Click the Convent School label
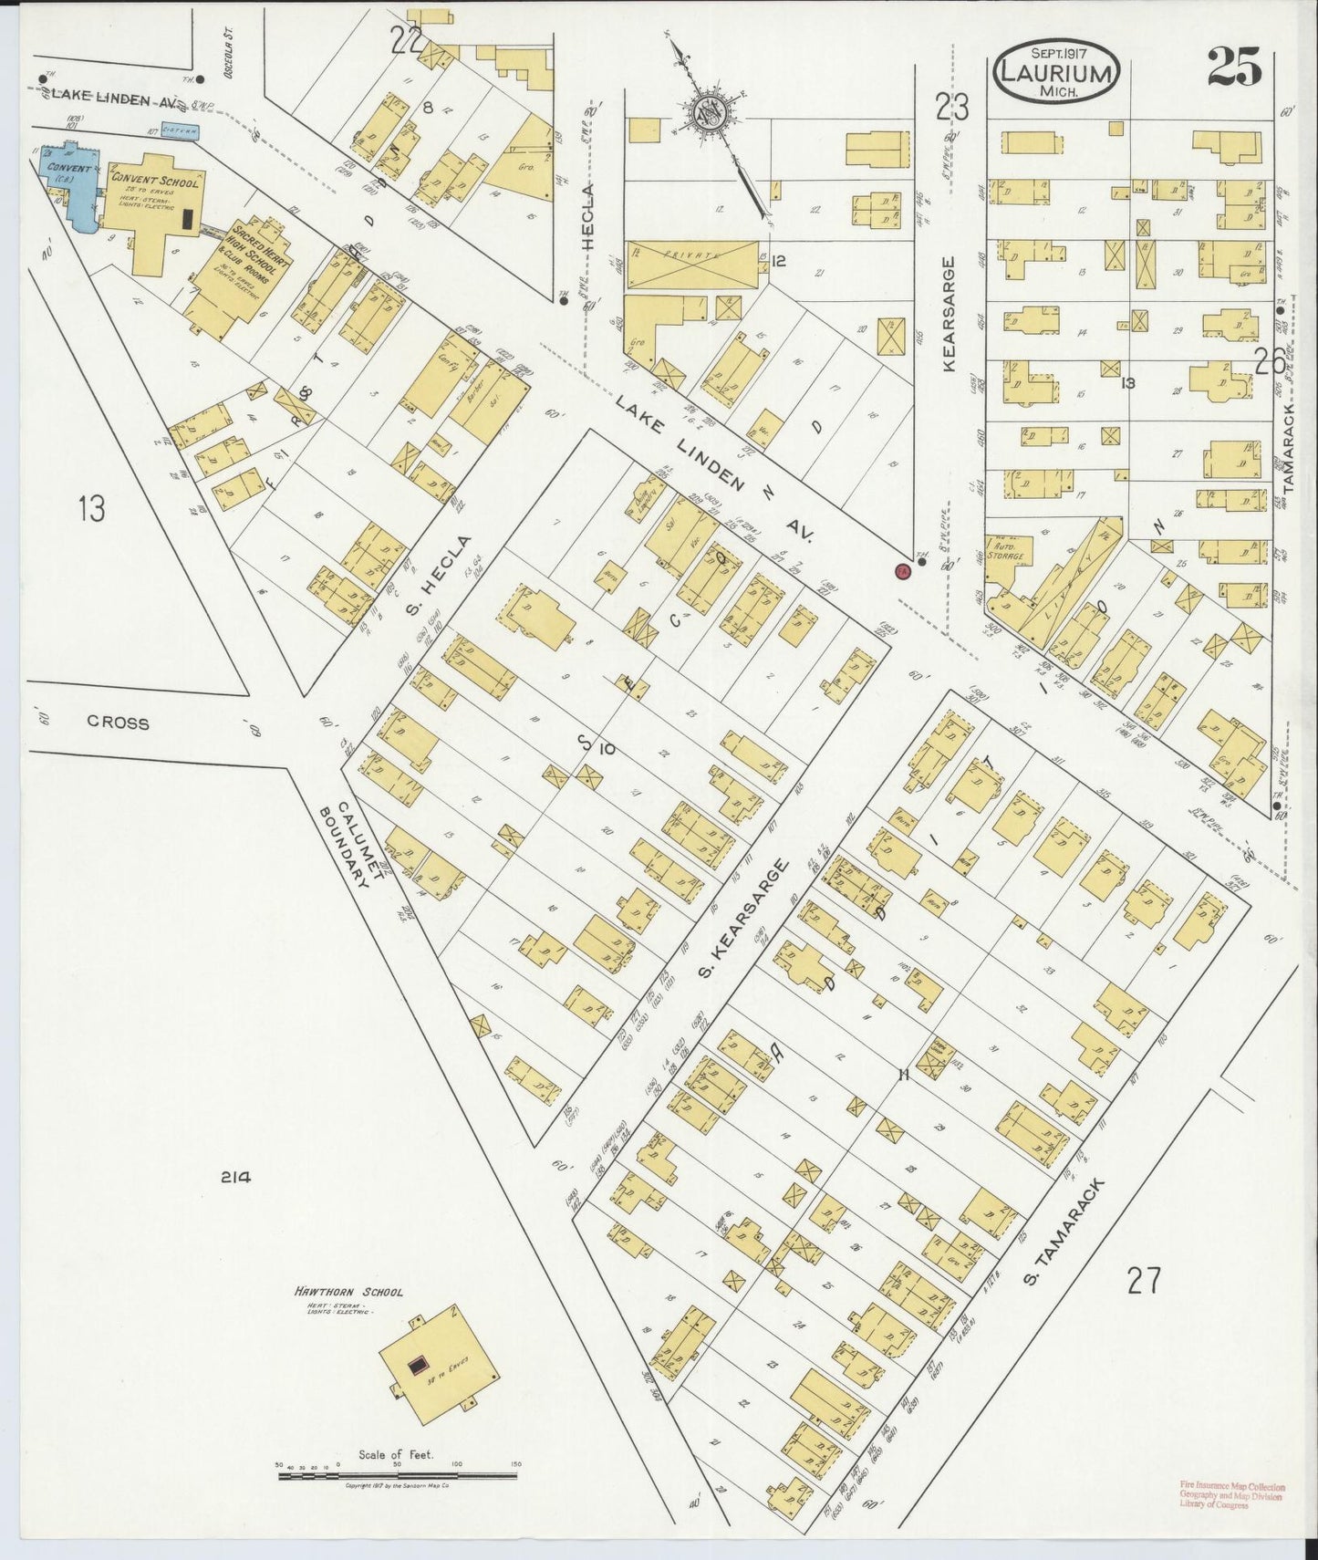pos(153,181)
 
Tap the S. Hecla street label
pos(442,577)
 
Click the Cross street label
pos(118,722)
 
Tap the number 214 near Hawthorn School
pos(234,1177)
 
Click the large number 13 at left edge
pos(91,508)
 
